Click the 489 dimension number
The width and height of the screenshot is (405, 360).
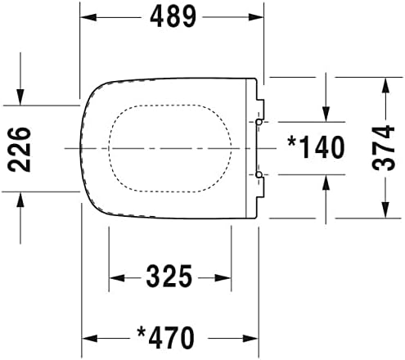(173, 16)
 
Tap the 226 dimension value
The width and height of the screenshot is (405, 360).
(18, 148)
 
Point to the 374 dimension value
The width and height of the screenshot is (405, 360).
(385, 148)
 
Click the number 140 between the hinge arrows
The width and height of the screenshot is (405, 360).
(323, 147)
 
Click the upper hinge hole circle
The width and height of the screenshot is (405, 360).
(259, 121)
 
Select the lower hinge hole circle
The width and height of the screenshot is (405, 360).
(259, 174)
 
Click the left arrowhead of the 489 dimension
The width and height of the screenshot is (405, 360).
(88, 16)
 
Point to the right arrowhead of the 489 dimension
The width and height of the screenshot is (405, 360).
(259, 16)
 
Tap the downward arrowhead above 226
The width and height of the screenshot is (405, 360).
(18, 99)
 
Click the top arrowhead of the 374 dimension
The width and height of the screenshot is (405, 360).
(385, 84)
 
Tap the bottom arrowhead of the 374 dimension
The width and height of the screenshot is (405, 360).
(385, 214)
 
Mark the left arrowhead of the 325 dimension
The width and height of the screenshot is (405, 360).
(114, 277)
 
